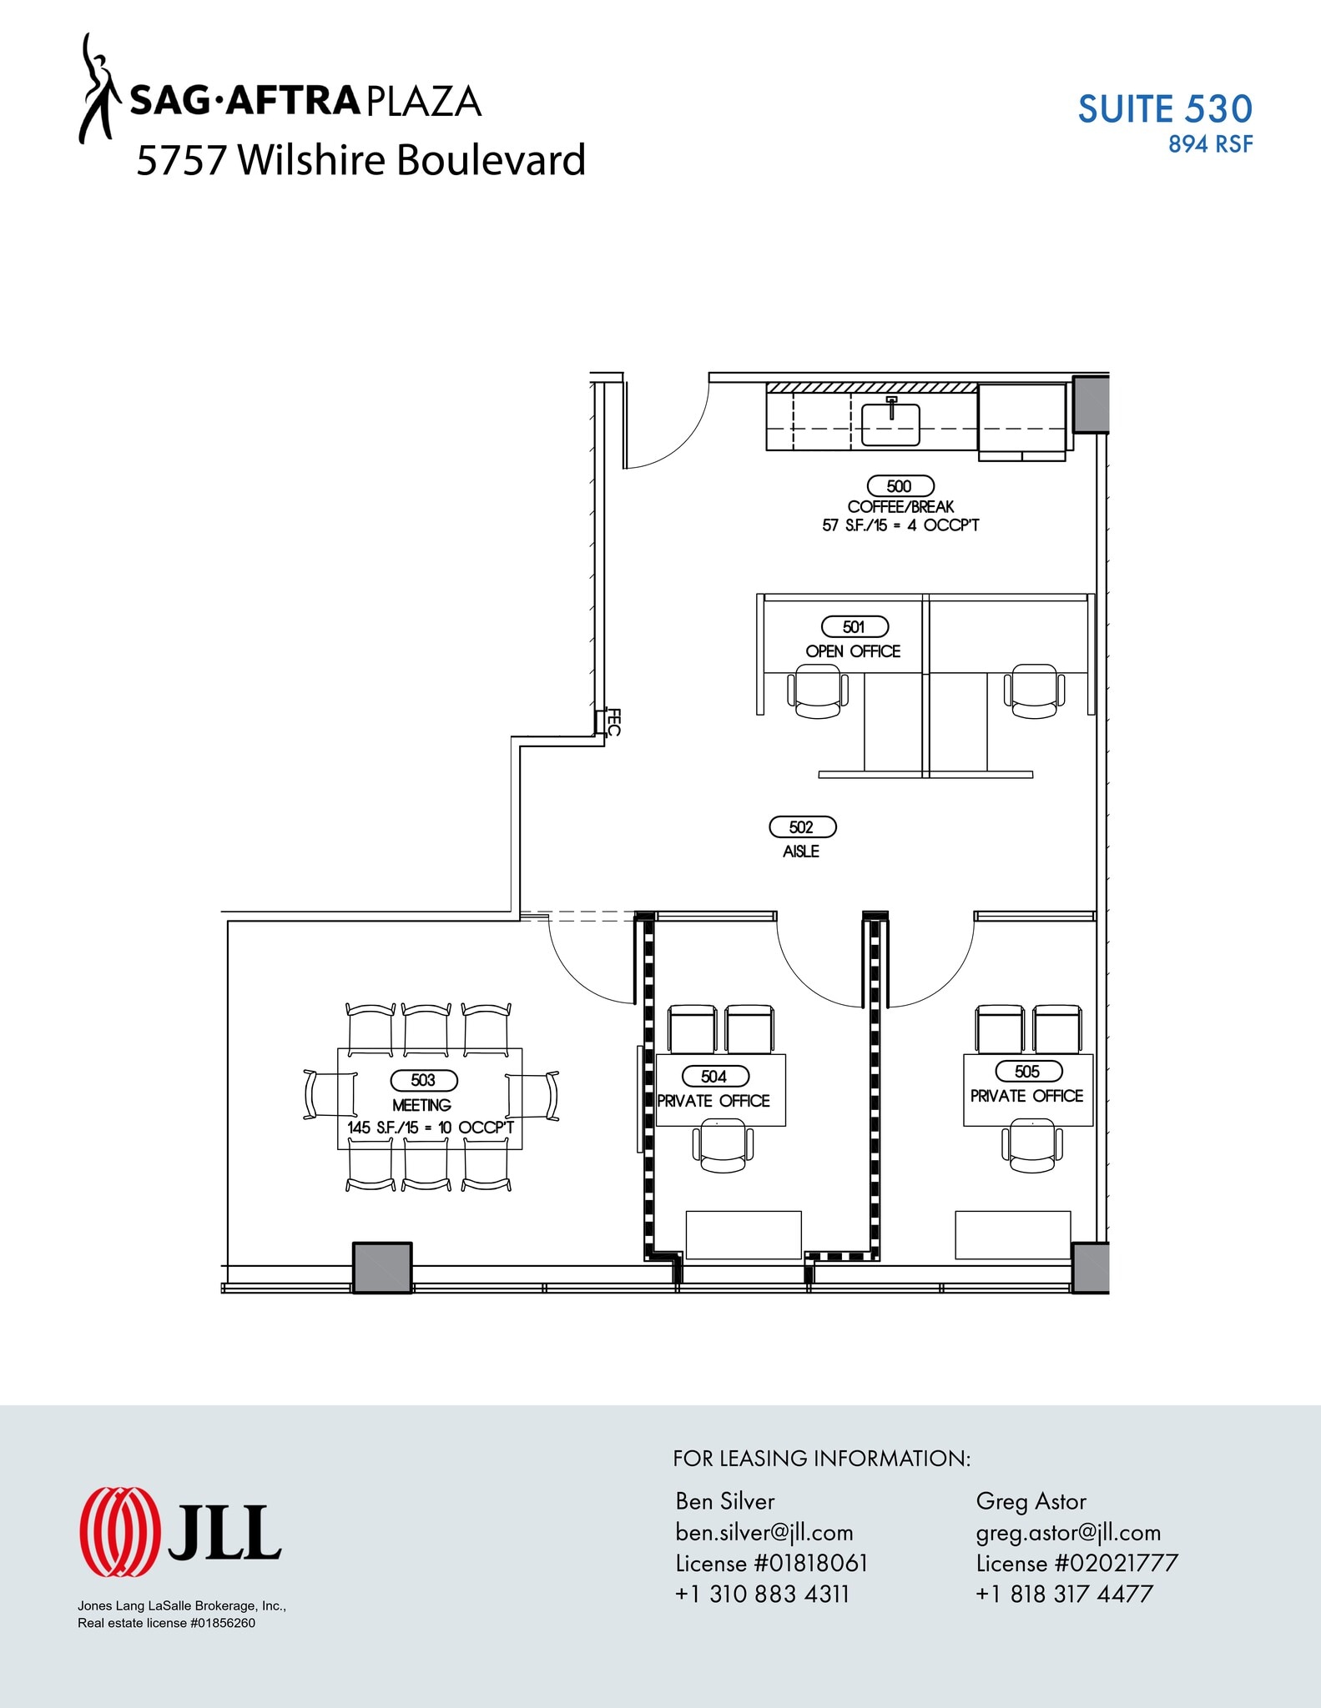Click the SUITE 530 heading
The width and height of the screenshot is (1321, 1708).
1165,109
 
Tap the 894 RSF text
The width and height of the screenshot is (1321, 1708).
1210,145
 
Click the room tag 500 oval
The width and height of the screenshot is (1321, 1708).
900,486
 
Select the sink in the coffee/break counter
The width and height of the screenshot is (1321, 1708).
890,424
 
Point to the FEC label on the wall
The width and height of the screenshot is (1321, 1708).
613,722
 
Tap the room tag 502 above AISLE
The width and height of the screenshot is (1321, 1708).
802,826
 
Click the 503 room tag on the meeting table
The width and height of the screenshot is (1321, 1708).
424,1080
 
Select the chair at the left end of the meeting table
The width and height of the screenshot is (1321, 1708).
321,1095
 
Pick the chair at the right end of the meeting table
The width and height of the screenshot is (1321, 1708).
541,1095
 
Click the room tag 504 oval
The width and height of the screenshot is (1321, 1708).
715,1077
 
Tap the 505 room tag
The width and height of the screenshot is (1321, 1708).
1028,1071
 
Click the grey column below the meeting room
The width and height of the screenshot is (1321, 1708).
382,1268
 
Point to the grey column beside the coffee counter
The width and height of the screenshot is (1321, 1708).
1090,404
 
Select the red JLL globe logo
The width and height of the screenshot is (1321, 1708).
119,1532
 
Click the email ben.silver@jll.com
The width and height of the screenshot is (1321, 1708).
764,1532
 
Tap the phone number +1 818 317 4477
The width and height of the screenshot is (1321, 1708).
1064,1594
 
